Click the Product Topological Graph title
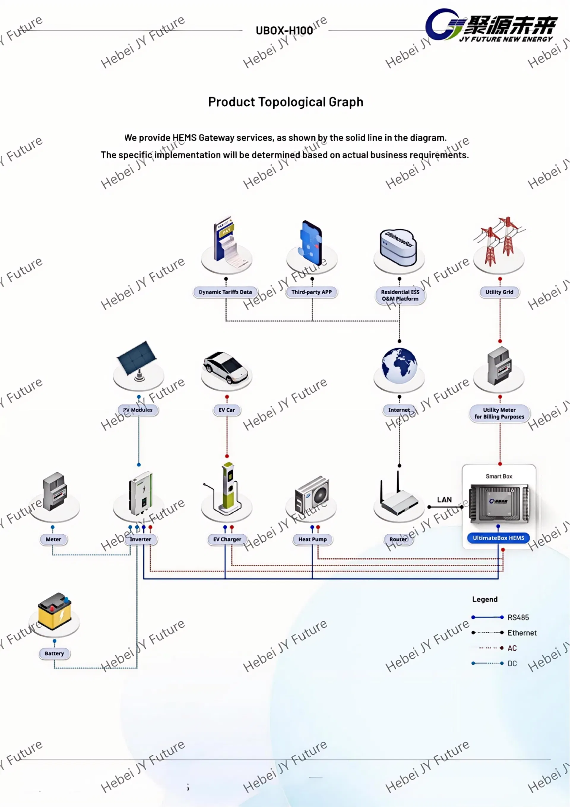[x=285, y=102]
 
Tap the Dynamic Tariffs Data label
[x=225, y=292]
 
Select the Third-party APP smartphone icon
[x=311, y=243]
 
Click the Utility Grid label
[x=499, y=292]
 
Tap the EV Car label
[x=227, y=410]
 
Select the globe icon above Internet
[x=399, y=366]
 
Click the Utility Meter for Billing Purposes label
[x=499, y=413]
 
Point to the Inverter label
[x=140, y=539]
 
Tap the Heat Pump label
[x=312, y=539]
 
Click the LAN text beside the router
[x=444, y=500]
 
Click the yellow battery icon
[x=54, y=611]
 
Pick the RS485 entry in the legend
[x=518, y=618]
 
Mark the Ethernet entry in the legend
[x=522, y=633]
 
